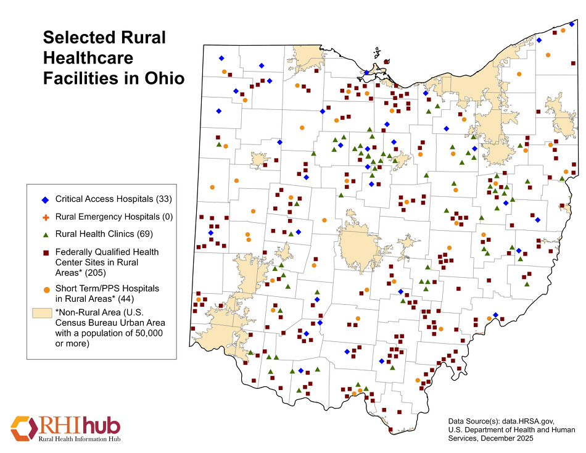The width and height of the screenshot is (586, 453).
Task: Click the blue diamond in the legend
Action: point(44,200)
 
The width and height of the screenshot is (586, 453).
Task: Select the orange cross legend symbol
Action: point(44,217)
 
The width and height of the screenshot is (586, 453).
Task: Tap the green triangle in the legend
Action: point(44,235)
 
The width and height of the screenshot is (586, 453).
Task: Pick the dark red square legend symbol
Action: point(44,252)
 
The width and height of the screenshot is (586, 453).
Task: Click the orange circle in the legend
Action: point(44,289)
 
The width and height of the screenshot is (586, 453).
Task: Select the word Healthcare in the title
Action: point(88,58)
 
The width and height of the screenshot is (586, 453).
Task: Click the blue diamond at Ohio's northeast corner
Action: point(572,24)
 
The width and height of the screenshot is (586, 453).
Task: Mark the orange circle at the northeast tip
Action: point(563,30)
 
